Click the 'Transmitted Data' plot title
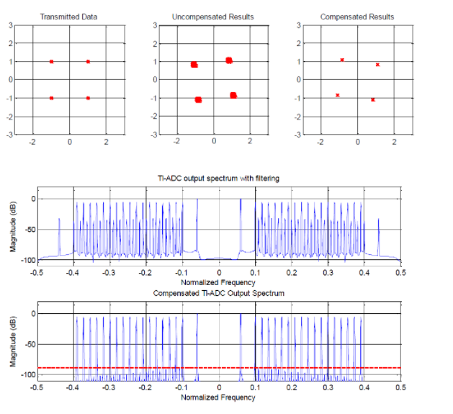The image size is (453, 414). (69, 17)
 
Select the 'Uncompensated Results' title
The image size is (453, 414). (213, 17)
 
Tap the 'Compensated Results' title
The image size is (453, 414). (356, 17)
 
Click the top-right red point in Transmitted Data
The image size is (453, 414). (88, 61)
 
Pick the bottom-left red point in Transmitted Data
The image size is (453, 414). (51, 97)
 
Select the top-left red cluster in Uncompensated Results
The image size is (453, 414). (194, 65)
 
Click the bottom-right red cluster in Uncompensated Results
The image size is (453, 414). (233, 95)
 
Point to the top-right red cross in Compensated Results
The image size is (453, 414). (377, 65)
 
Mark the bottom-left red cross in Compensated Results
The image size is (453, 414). (337, 95)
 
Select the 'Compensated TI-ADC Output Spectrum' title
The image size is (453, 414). (218, 294)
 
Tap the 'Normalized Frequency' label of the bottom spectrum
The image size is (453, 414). (218, 397)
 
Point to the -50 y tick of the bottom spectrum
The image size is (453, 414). (27, 345)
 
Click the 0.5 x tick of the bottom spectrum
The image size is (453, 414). (400, 387)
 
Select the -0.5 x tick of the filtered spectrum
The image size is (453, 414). (36, 273)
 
